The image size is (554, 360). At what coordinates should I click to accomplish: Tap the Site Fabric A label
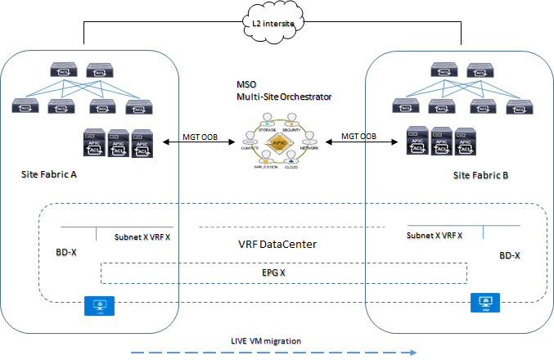point(52,174)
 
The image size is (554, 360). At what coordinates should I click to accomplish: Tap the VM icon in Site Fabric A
point(100,304)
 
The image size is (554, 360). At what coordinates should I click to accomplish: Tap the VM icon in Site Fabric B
point(484,302)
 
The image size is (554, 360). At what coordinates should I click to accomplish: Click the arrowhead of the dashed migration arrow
point(415,353)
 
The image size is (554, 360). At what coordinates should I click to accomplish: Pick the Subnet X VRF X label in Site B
point(434,235)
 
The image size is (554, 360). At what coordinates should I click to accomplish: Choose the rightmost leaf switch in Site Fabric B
point(515,104)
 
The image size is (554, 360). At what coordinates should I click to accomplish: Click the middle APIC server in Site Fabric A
point(119,143)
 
